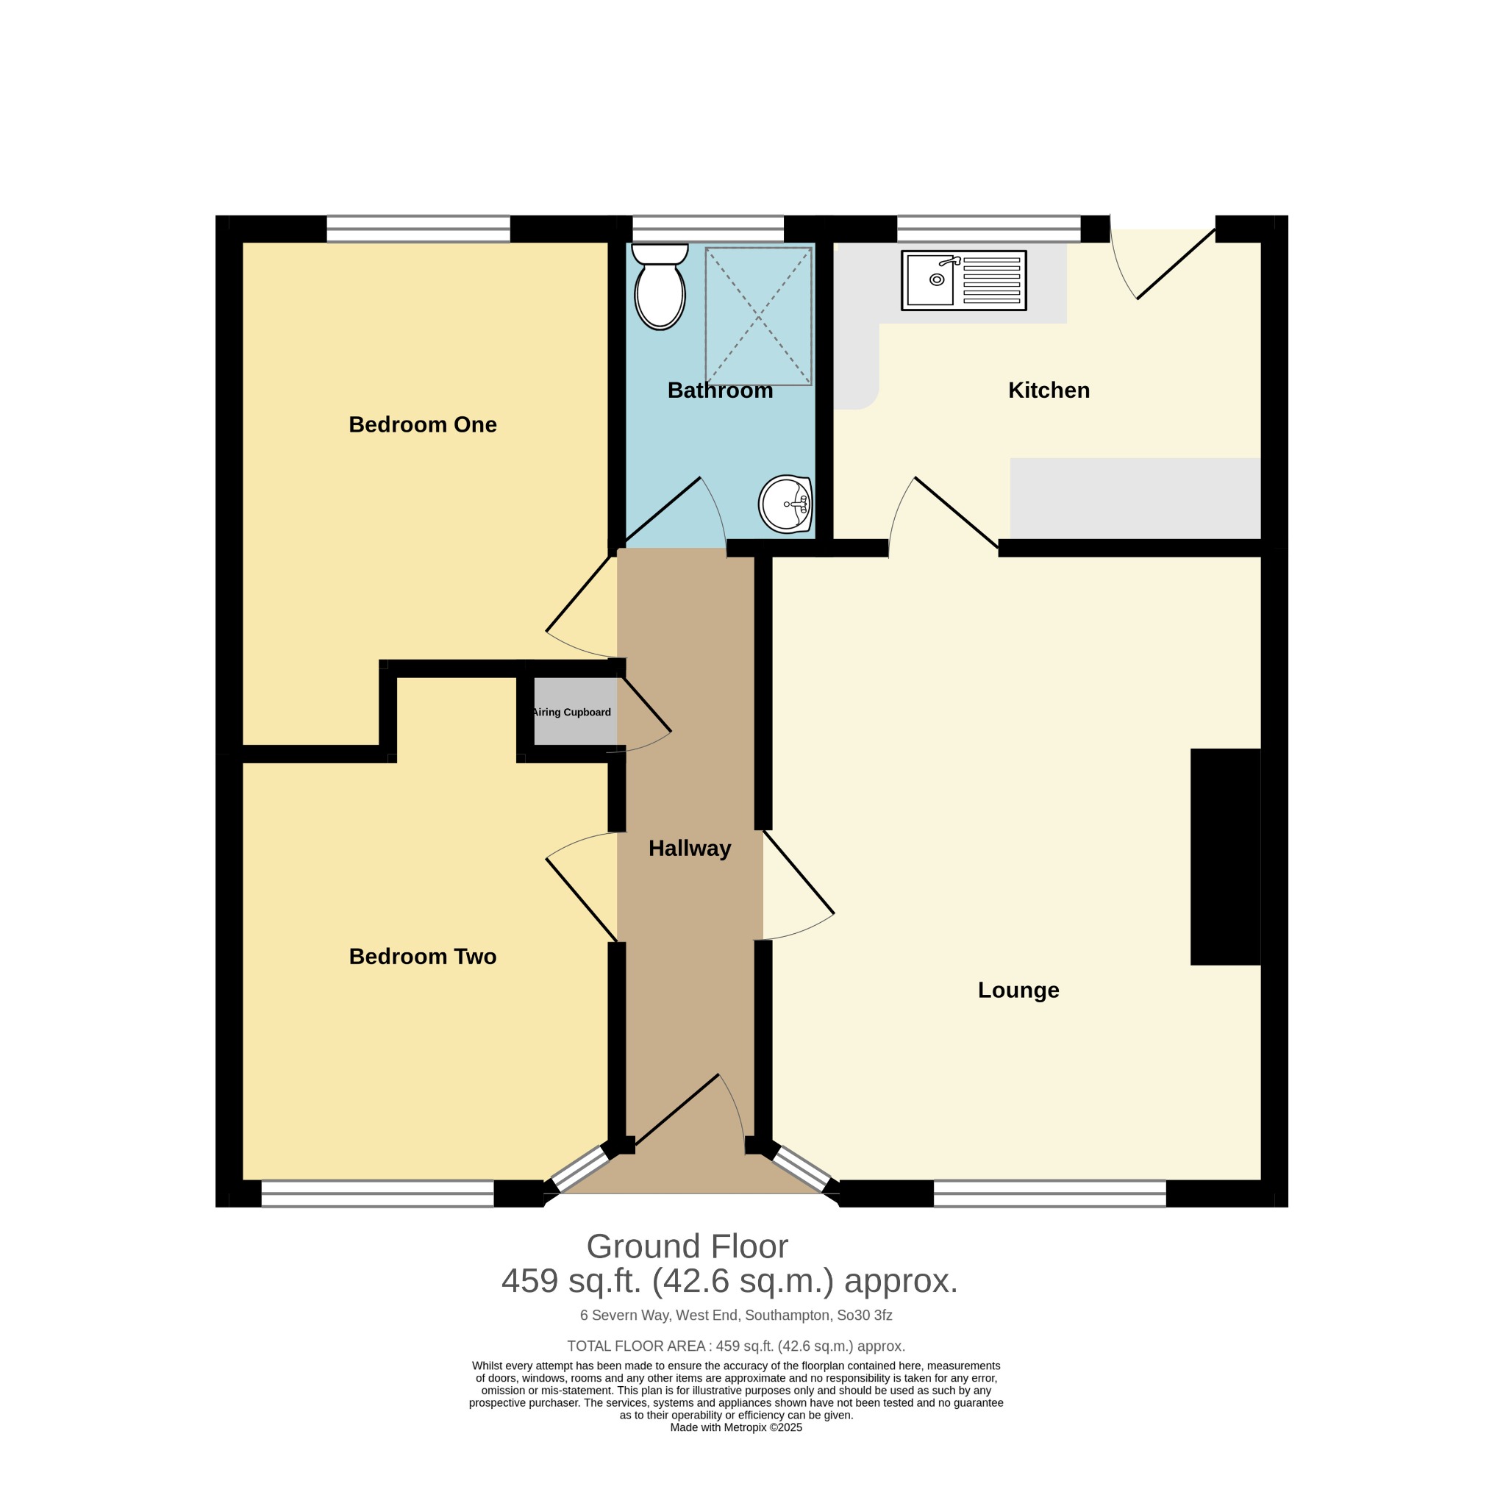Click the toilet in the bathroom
point(660,286)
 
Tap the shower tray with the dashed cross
point(759,315)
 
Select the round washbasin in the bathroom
point(786,504)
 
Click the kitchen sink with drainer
point(963,280)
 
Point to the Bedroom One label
point(423,425)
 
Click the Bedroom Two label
point(423,957)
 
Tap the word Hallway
point(690,849)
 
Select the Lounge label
point(1018,990)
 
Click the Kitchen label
point(1049,390)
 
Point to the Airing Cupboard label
point(571,712)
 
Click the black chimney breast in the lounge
point(1226,857)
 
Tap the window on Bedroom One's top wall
point(418,229)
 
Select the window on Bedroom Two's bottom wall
point(377,1193)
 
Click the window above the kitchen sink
point(988,229)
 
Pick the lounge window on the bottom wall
point(1049,1193)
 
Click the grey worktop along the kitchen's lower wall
point(1135,498)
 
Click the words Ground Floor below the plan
point(687,1246)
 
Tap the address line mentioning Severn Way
point(736,1316)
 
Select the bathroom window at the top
point(708,229)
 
